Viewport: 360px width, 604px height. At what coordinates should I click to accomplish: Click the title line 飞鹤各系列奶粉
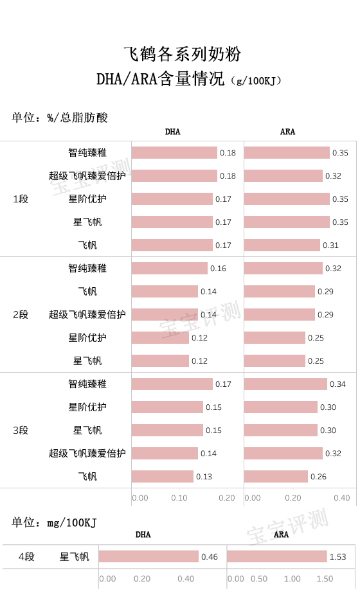182,53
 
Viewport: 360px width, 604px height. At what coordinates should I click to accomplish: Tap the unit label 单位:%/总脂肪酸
60,117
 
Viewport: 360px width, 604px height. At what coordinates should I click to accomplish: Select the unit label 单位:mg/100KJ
54,522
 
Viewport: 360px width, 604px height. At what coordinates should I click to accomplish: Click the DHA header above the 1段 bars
172,132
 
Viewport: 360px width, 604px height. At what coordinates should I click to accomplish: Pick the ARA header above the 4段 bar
281,534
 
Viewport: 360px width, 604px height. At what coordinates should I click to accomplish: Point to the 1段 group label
21,199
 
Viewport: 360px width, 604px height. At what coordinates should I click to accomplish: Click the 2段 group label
21,315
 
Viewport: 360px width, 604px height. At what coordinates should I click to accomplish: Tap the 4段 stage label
26,556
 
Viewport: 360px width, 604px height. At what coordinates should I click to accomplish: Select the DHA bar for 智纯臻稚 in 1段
174,153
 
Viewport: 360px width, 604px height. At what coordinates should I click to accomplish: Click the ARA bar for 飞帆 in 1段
282,245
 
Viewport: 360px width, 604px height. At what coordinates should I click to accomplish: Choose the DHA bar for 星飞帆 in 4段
148,556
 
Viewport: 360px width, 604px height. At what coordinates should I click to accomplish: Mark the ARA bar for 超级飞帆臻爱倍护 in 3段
283,454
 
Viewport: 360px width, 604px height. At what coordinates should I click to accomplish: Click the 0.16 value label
218,269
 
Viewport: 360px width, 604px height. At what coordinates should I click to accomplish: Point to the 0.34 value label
337,384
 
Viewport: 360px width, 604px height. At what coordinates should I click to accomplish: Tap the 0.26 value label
318,477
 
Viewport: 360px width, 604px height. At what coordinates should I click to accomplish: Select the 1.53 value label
338,556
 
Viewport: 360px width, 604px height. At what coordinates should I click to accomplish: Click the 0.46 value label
210,556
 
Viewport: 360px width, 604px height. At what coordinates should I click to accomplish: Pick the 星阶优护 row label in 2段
87,338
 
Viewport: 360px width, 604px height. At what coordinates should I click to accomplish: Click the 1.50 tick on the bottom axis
325,578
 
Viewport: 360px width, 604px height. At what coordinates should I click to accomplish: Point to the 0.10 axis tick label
179,497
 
